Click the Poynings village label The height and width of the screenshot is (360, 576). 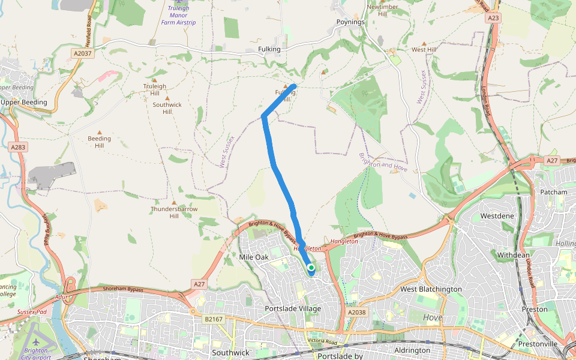(350, 22)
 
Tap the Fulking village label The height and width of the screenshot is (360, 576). (269, 49)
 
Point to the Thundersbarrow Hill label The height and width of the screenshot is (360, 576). (174, 212)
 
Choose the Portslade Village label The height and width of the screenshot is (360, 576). (293, 308)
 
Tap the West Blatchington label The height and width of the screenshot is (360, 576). (431, 289)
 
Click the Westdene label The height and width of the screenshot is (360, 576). (497, 215)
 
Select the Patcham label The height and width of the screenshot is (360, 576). (553, 192)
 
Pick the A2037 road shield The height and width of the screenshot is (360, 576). (82, 53)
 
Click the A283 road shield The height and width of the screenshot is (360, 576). (17, 146)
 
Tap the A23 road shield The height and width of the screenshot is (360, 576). (493, 19)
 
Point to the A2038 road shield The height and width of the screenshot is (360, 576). (356, 312)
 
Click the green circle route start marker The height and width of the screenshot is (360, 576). (311, 268)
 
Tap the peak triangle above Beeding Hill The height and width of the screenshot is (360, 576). (100, 132)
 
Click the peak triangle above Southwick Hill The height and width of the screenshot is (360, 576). (167, 98)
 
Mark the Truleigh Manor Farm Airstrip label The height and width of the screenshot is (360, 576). (178, 15)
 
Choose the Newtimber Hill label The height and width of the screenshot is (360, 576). (382, 10)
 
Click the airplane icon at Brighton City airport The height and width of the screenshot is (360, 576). (37, 342)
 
